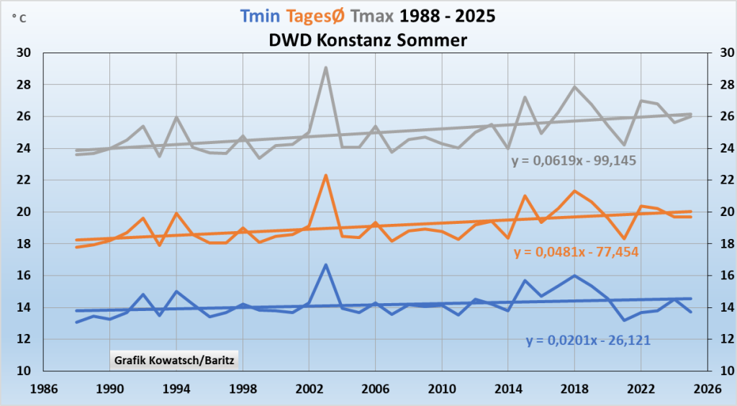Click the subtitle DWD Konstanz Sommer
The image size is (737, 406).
368,40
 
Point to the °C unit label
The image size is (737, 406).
19,19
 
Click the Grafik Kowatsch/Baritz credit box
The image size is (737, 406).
173,358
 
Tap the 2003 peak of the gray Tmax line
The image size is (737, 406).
325,68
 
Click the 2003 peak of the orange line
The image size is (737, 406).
325,176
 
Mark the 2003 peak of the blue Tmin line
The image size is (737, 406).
325,265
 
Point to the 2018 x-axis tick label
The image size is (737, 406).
574,389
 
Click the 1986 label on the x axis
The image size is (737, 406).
43,389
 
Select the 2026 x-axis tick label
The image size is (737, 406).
707,389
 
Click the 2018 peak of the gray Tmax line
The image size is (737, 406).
574,87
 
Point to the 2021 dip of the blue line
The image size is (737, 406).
624,320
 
